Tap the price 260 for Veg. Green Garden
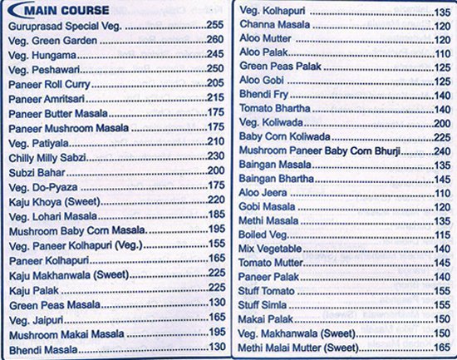coord(214,40)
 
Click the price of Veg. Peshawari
coord(214,69)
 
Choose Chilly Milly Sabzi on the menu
coord(49,156)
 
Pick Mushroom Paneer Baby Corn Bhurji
coord(320,151)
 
